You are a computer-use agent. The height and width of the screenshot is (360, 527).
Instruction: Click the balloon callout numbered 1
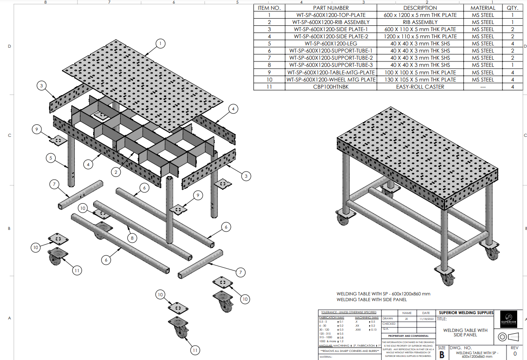coord(160,43)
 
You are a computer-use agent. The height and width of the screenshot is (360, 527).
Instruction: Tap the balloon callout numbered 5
coord(51,157)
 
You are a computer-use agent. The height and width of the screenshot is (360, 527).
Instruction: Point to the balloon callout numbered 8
coord(131,238)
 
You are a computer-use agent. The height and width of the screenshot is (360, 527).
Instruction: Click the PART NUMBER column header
coord(331,8)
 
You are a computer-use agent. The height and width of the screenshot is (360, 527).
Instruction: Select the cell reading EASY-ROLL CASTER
coord(420,87)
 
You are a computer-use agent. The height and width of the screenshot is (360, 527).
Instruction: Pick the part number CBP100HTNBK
coord(331,87)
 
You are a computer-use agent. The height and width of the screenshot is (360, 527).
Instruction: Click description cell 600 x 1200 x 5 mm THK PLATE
coord(420,15)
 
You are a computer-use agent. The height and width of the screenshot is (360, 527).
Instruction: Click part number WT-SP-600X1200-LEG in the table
coord(331,44)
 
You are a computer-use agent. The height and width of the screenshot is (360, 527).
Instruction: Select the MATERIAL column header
coord(482,8)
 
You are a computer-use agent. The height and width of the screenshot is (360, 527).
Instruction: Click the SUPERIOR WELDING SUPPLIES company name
coord(466,313)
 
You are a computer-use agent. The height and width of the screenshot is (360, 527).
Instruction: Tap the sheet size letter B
coord(442,355)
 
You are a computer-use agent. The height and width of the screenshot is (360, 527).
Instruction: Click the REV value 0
coord(515,354)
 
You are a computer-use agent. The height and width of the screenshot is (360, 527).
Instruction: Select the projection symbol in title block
coord(508,336)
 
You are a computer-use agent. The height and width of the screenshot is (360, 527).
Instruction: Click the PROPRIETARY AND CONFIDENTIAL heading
coord(408,336)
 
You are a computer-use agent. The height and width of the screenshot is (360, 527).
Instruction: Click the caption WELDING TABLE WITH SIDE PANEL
coord(372,300)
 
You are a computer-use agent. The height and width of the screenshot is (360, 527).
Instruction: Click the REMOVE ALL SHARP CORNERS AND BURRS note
coord(349,351)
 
